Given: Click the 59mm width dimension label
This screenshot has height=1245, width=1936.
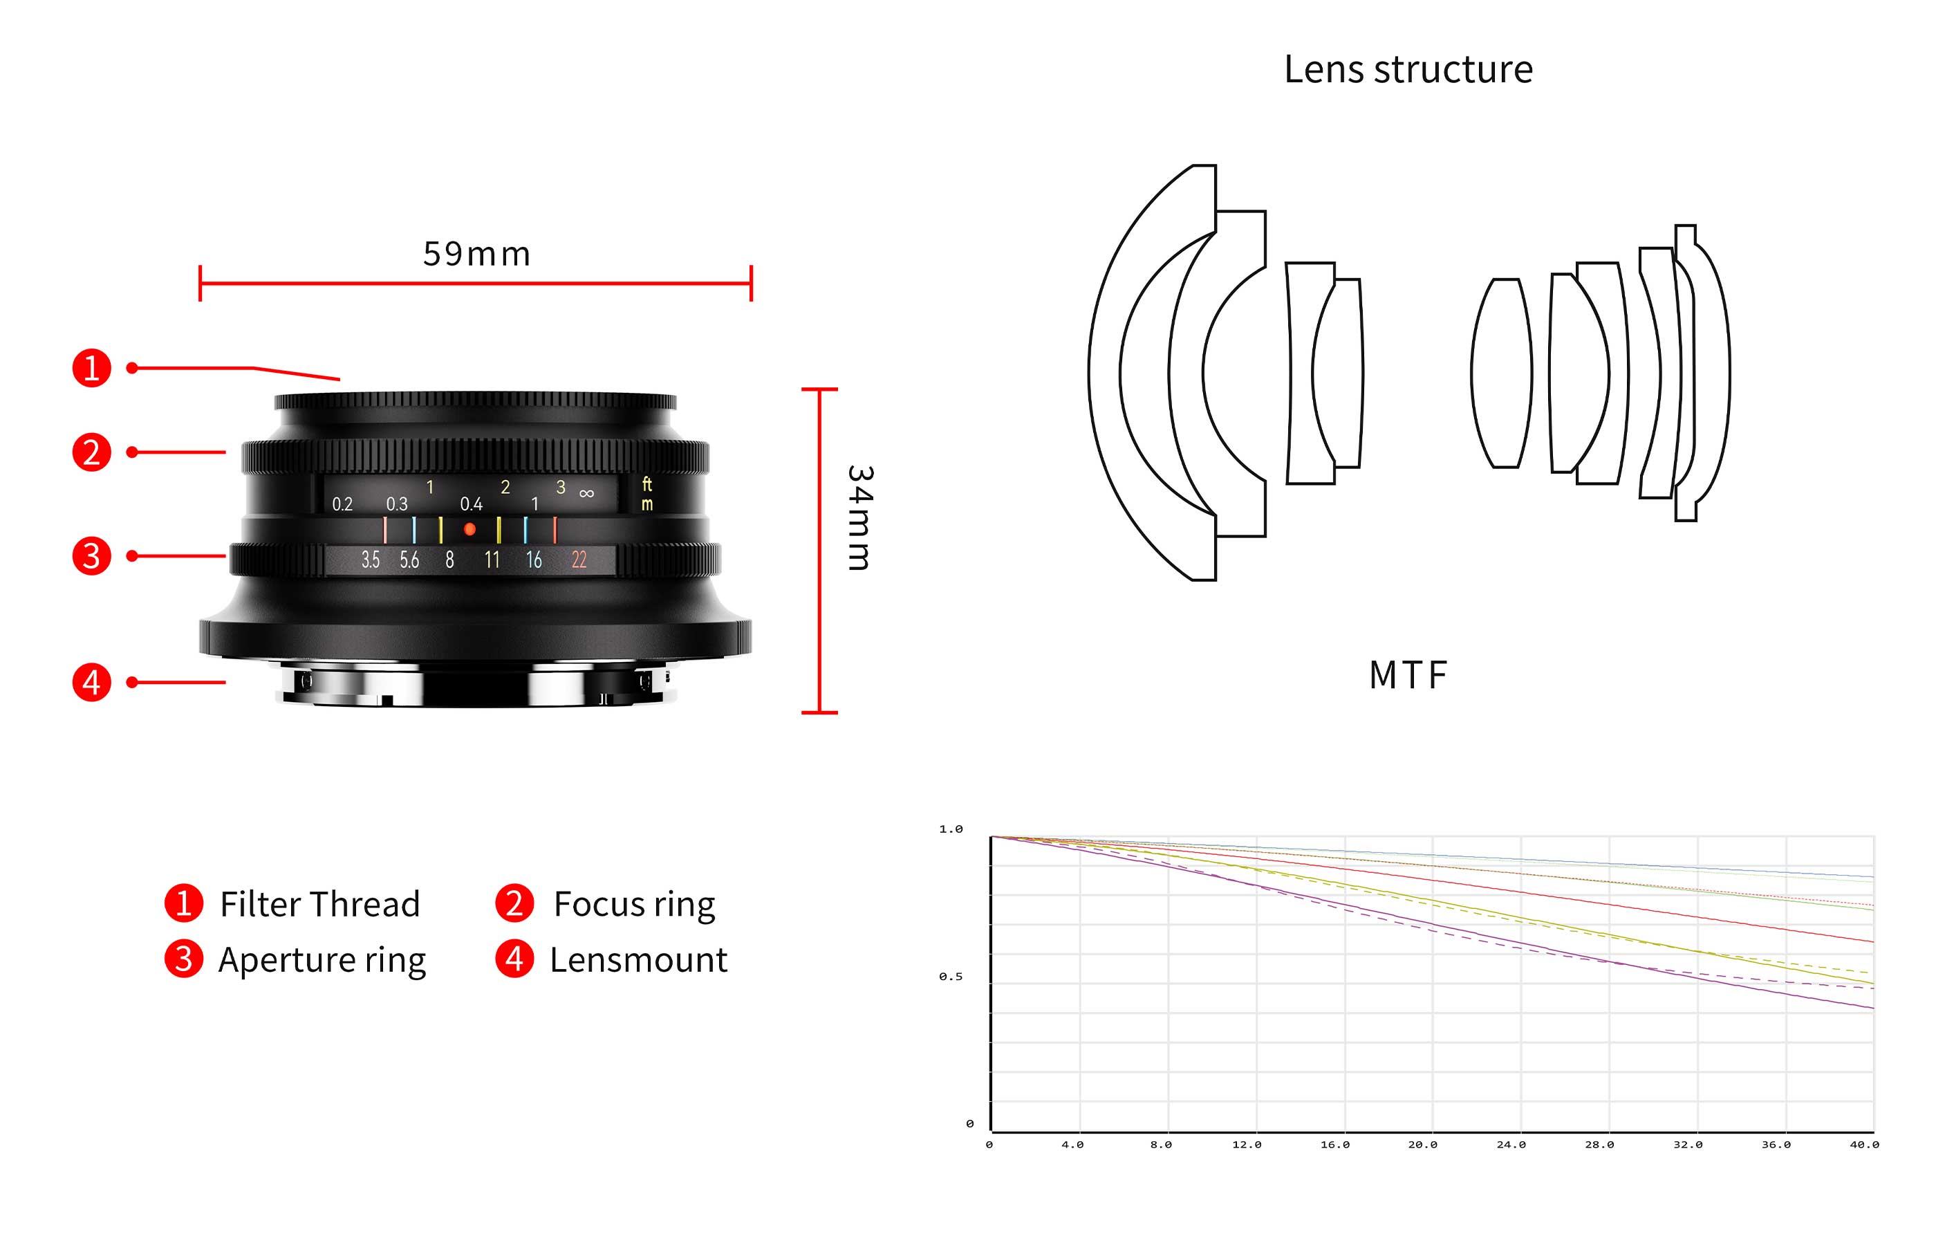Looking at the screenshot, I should pos(476,254).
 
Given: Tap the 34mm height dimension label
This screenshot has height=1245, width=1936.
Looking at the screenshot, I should pos(859,517).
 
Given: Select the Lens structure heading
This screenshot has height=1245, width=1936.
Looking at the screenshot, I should pos(1408,70).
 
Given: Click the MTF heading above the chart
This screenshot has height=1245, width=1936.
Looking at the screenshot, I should pos(1408,675).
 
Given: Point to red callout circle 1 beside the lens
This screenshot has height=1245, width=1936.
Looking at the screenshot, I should pos(91,368).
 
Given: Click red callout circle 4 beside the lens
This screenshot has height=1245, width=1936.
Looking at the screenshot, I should pos(91,681).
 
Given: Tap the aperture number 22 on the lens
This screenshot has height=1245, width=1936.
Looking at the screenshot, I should pos(579,560).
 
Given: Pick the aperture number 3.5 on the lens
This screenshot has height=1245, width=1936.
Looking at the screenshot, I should pos(370,560).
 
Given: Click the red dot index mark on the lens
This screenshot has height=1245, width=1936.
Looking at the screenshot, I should pos(469,530).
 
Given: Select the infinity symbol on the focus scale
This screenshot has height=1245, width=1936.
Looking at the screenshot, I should pos(586,493).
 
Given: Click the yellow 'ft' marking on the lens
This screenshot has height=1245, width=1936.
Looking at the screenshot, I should pos(647,483).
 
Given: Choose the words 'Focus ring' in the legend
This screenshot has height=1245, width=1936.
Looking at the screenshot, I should pos(633,904).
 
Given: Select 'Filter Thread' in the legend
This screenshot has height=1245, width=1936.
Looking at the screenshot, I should pos(320,904).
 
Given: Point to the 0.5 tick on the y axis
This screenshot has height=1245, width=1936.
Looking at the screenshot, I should pos(950,977).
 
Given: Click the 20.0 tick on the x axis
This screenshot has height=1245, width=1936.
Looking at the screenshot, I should pos(1422,1145).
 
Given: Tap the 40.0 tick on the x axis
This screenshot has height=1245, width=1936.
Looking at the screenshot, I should pos(1864,1145).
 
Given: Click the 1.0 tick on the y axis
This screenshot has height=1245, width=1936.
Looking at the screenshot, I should pos(950,829).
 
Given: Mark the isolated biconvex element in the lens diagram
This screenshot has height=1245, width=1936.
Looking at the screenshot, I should pos(1501,373).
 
